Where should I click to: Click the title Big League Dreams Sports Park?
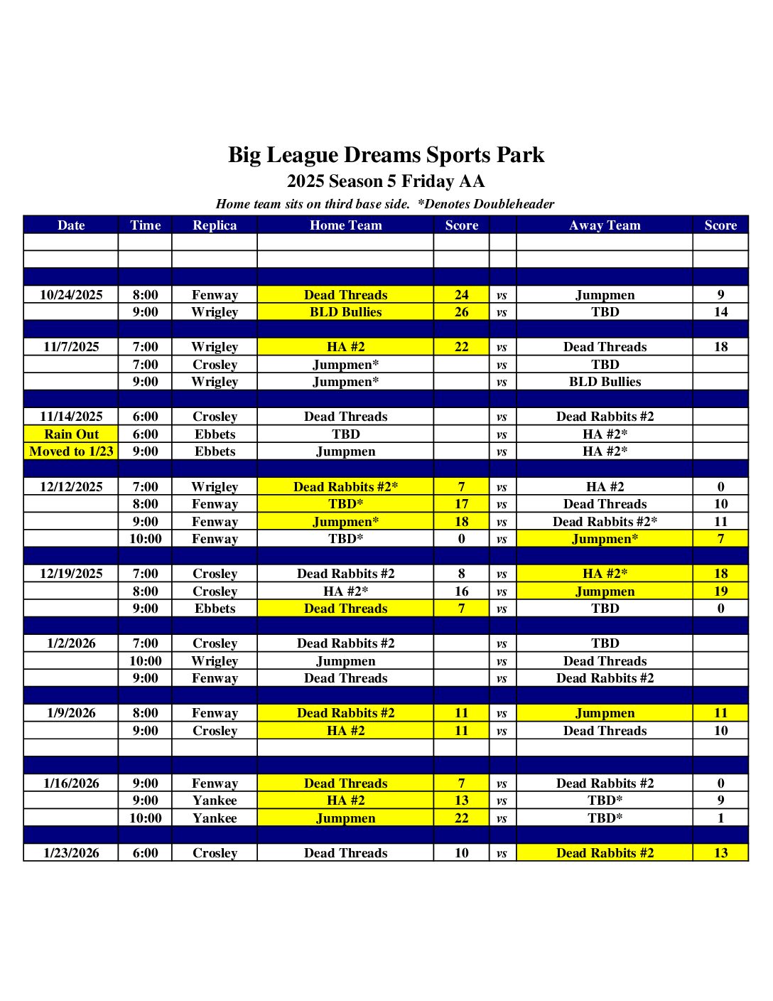[386, 155]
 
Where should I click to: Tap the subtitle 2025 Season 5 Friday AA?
[386, 181]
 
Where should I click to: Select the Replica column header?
[215, 225]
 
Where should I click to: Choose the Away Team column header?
[605, 225]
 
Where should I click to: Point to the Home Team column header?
[345, 225]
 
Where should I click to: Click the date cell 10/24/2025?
[71, 295]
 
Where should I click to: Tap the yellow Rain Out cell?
[71, 434]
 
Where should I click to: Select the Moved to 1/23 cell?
[71, 451]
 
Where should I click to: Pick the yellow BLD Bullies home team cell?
[345, 312]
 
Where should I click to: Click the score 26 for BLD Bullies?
[462, 312]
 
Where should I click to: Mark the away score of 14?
[720, 312]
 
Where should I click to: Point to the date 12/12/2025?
[71, 487]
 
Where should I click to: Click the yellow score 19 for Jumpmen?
[720, 591]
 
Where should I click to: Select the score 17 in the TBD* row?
[462, 504]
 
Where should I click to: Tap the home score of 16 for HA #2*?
[462, 591]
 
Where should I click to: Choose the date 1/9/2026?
[71, 713]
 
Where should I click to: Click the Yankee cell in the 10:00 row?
[215, 818]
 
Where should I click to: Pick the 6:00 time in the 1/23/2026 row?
[145, 853]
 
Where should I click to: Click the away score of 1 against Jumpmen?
[720, 818]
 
